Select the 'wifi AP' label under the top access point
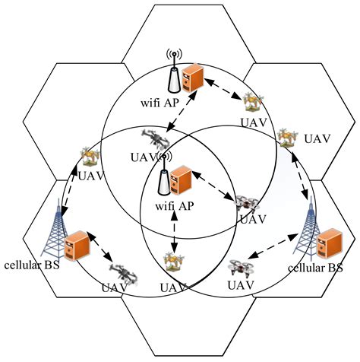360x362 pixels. [172, 103]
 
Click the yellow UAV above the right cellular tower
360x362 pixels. [286, 138]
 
